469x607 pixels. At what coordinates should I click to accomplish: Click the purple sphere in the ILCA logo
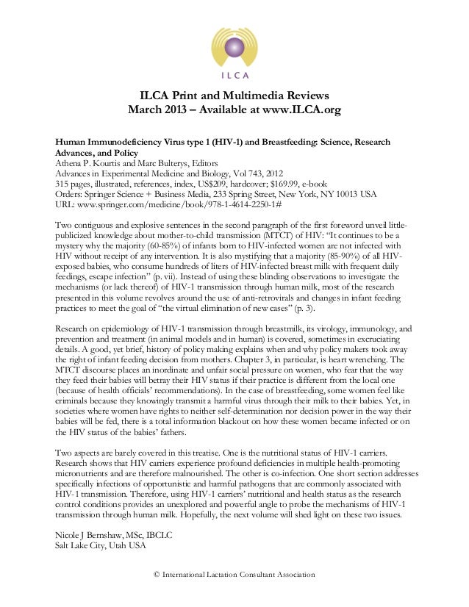[x=234, y=46]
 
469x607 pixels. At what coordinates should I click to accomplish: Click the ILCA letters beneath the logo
[x=234, y=75]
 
